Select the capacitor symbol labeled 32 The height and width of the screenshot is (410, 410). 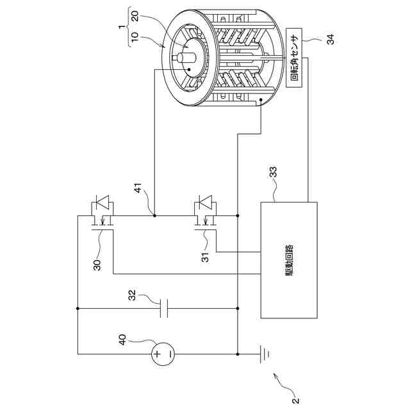pyautogui.click(x=164, y=308)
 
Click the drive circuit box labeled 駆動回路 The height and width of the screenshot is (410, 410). pyautogui.click(x=289, y=259)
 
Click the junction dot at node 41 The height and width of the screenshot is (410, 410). pyautogui.click(x=155, y=216)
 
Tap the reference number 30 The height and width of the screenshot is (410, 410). pyautogui.click(x=97, y=265)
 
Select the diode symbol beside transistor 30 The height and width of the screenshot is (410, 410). pyautogui.click(x=101, y=205)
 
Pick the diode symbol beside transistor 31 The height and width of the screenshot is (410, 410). pyautogui.click(x=204, y=204)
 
